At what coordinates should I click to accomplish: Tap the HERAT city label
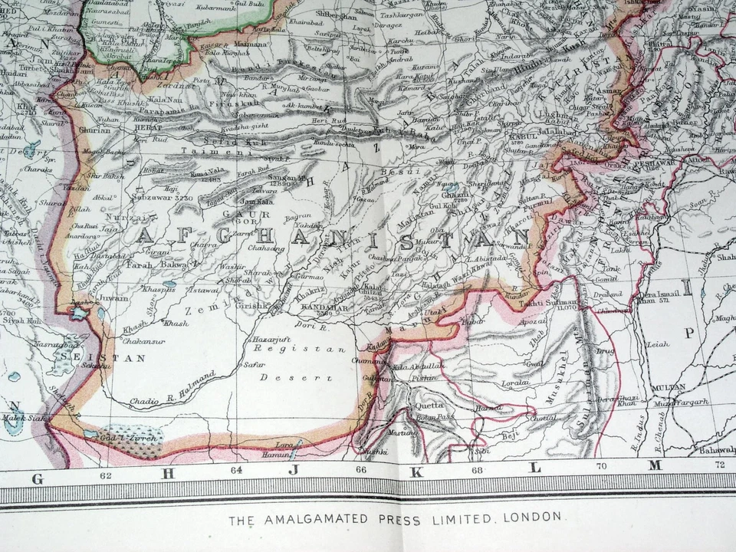pyautogui.click(x=147, y=128)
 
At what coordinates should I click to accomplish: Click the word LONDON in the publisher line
pyautogui.click(x=533, y=517)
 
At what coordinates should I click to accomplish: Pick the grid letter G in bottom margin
pyautogui.click(x=37, y=478)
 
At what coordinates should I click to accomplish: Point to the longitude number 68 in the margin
pyautogui.click(x=477, y=470)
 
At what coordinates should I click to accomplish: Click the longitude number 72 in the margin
pyautogui.click(x=719, y=465)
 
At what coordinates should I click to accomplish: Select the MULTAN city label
pyautogui.click(x=669, y=388)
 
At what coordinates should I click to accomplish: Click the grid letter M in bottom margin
pyautogui.click(x=654, y=466)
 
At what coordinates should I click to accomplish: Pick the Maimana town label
pyautogui.click(x=249, y=45)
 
